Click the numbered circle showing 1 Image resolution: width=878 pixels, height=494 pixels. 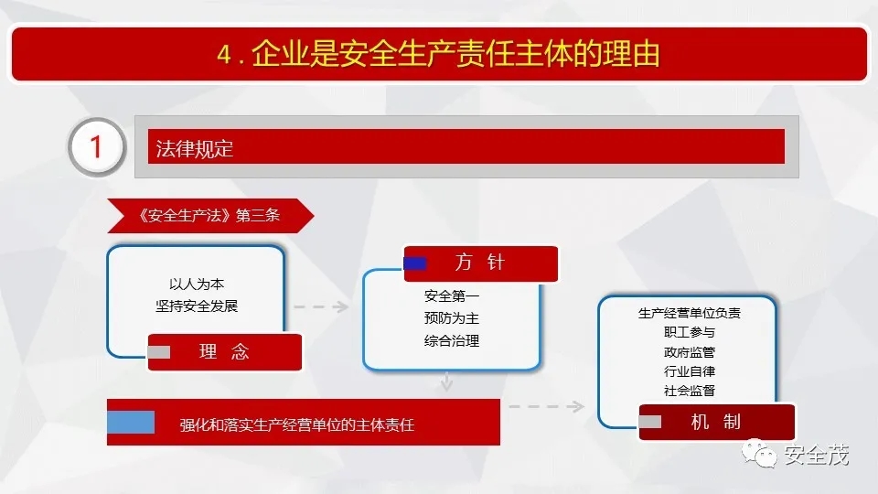(97, 147)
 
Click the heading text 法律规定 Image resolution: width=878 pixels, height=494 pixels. (194, 149)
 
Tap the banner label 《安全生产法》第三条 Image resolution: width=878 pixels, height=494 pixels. (209, 215)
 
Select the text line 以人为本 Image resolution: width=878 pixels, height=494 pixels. (197, 284)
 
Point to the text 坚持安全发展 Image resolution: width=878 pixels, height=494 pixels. (197, 306)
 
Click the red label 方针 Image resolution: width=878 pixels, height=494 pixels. (480, 263)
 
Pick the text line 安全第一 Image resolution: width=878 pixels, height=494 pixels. (451, 295)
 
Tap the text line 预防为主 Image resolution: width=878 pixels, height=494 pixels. (451, 318)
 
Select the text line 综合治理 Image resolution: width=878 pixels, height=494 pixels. (451, 340)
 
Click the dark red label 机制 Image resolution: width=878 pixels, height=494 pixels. (717, 422)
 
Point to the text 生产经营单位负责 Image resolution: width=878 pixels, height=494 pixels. (690, 313)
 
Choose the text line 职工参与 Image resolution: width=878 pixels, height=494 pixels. (690, 332)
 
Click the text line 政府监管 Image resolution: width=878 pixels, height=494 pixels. (690, 351)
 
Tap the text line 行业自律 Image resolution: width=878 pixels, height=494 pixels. (690, 370)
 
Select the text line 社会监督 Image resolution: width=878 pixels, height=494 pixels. (690, 391)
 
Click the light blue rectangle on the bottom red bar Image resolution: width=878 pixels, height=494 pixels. (131, 423)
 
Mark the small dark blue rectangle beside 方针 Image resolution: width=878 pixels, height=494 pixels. (415, 263)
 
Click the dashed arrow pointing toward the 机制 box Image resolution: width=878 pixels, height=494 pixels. (547, 406)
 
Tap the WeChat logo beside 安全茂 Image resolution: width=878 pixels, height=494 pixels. (759, 453)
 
